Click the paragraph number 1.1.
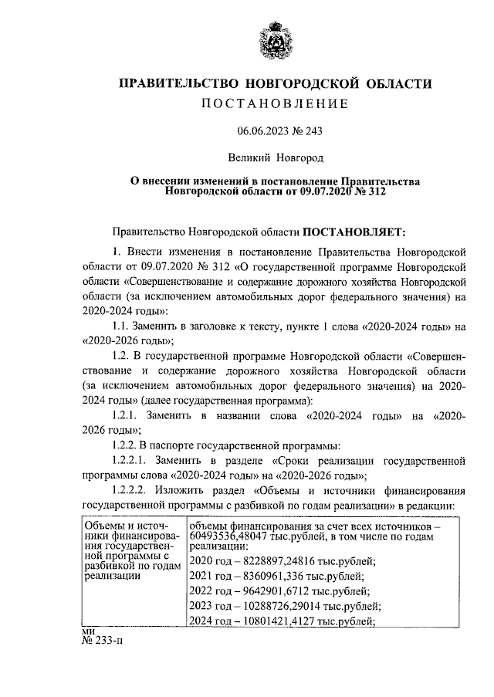[x=123, y=327]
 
